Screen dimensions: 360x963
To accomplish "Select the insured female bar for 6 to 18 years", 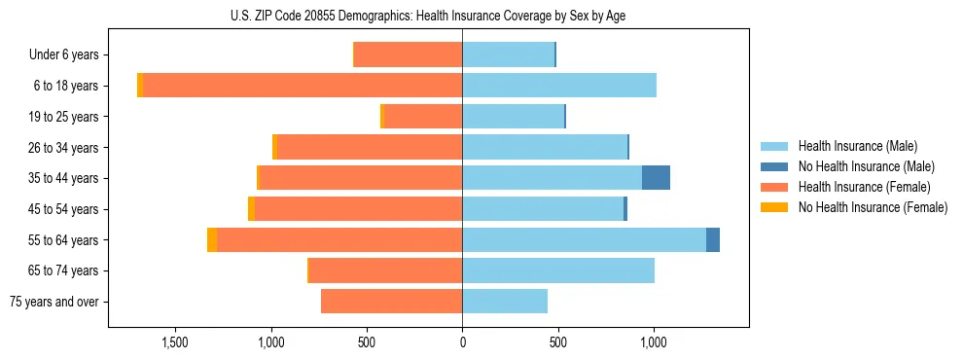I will (x=302, y=86).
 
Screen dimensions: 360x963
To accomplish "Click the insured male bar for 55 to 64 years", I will (x=584, y=239).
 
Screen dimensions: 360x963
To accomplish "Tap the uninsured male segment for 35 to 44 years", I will (x=656, y=178).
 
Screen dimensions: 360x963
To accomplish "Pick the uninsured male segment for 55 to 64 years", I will (x=713, y=239).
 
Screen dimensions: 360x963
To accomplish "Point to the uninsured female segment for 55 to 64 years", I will (x=212, y=239).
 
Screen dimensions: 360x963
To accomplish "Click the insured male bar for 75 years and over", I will (x=505, y=302).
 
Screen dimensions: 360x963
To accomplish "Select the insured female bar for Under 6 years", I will (x=409, y=54).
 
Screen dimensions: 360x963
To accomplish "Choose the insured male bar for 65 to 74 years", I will (x=558, y=270).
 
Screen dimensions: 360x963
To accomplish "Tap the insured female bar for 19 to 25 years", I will (x=423, y=117).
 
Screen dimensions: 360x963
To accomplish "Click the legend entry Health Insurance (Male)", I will (x=857, y=146).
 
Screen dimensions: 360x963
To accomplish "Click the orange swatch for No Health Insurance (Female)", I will (x=774, y=207).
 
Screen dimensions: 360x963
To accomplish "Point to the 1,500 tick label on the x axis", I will (x=175, y=342).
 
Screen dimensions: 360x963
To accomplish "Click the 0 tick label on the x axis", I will (x=462, y=342).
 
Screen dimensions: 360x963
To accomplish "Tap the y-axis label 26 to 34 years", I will (x=64, y=148).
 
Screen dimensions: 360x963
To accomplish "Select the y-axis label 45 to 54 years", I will (x=64, y=209).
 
